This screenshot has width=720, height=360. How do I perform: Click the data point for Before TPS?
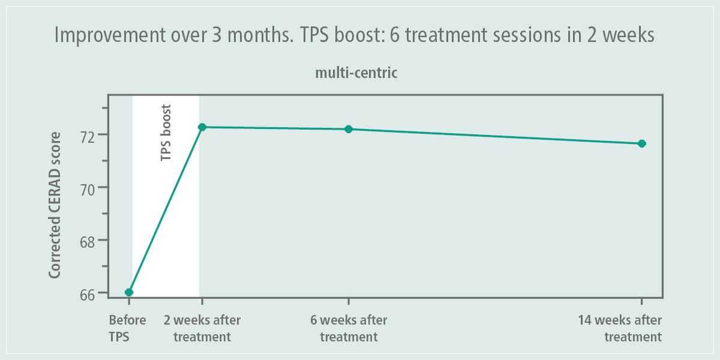(129, 292)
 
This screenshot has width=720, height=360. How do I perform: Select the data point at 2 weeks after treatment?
(202, 127)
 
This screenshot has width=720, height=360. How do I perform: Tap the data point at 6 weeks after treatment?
(349, 129)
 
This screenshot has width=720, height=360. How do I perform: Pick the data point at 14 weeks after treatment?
(641, 143)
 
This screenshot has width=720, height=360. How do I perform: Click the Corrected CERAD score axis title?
(55, 205)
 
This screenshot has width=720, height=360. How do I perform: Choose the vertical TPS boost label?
(166, 133)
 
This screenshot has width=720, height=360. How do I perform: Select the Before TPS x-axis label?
(127, 328)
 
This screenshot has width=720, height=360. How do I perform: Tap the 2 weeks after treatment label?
(202, 328)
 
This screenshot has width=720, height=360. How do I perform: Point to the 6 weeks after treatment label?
(349, 328)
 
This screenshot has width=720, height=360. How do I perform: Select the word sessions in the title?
(493, 36)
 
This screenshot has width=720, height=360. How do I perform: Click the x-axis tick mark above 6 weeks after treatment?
(349, 301)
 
